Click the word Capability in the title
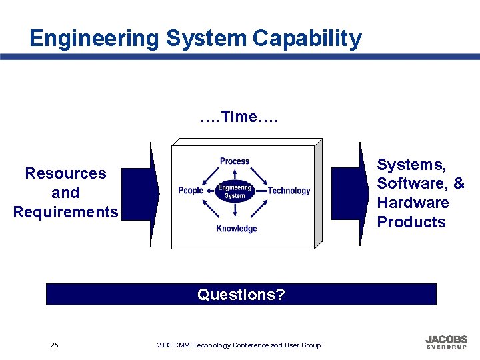pos(307,39)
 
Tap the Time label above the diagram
pos(239,117)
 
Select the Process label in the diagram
pos(235,161)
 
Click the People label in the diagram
pos(191,191)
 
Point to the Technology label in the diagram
pos(289,191)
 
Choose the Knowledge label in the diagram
pos(236,229)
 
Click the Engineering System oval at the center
pos(235,191)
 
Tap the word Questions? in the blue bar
pos(241,295)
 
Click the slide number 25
pos(54,345)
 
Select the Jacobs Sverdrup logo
pos(446,342)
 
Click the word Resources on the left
pos(65,173)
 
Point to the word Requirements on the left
pos(65,212)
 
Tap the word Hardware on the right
pos(413,203)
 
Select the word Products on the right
pos(411,222)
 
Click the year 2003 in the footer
pos(164,345)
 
